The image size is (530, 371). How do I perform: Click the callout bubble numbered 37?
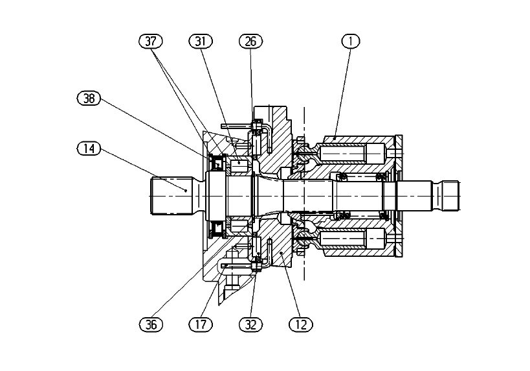pos(151,42)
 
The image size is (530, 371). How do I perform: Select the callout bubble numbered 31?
pos(200,42)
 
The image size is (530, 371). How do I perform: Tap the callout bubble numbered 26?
pos(249,42)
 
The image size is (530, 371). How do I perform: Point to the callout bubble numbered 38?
pos(89,99)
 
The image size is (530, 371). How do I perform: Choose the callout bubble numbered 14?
pos(89,149)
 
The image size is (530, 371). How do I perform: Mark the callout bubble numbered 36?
pos(151,324)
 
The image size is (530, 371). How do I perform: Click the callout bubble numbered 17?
pos(201,324)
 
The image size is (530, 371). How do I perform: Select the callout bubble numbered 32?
pos(250,324)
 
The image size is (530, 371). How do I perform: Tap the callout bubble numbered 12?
pos(300,324)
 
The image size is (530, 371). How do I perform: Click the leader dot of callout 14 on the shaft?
pos(186,190)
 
